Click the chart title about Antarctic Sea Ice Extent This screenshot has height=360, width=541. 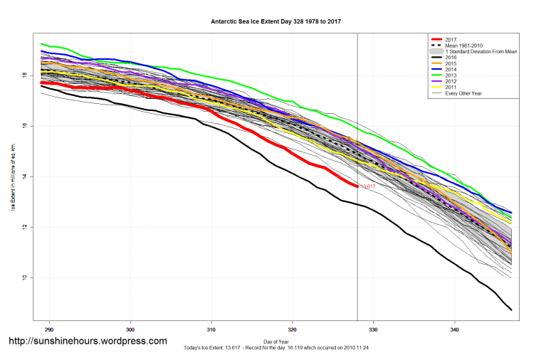tap(275, 21)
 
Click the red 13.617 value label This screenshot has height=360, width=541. tap(367, 186)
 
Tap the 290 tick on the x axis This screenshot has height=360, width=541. tap(49, 330)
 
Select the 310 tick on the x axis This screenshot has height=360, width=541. tap(211, 330)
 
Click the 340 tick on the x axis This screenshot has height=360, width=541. tap(455, 330)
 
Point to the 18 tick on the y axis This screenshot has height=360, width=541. tap(25, 75)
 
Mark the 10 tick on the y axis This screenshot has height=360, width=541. tap(25, 277)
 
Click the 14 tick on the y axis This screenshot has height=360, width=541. tap(25, 176)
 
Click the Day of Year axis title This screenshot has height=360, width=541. tap(275, 342)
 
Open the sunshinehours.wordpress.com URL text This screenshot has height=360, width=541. tap(88, 342)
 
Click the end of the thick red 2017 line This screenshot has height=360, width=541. tap(357, 186)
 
